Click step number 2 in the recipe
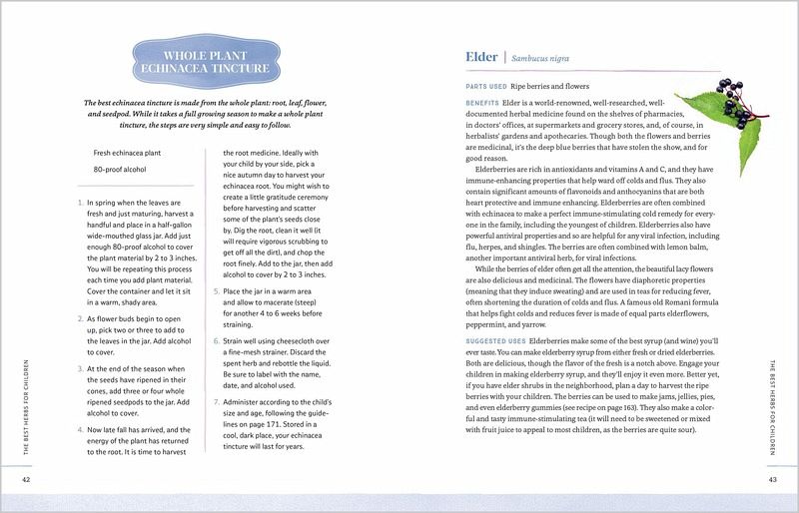[x=80, y=318]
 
